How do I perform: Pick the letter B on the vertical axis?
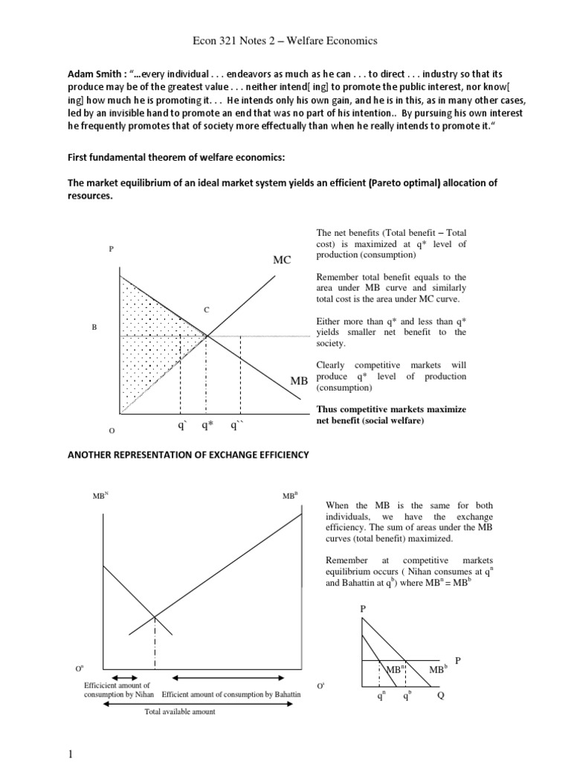(94, 327)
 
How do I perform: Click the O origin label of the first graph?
(111, 431)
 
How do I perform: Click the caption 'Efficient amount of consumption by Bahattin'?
(230, 694)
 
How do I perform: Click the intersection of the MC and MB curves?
(206, 336)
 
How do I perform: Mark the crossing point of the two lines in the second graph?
(154, 615)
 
